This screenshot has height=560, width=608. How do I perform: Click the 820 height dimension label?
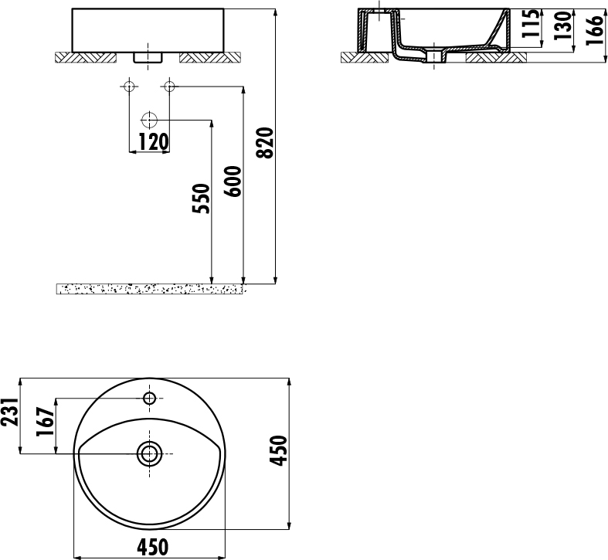tap(266, 143)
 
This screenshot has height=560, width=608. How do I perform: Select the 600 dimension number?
tap(233, 182)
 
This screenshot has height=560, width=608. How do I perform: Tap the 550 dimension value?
tap(201, 199)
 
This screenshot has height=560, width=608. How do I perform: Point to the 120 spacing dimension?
tap(153, 142)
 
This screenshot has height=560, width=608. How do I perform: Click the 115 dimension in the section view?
tap(531, 23)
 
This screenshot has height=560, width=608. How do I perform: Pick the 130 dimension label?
tap(562, 25)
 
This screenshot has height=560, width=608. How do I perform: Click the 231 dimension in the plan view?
tap(9, 412)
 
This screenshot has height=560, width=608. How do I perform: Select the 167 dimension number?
tap(45, 422)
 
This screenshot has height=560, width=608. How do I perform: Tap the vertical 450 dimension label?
tap(279, 450)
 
